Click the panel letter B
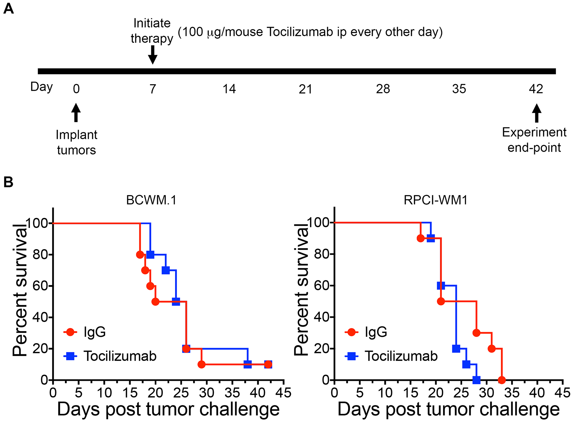pyautogui.click(x=8, y=182)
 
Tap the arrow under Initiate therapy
pyautogui.click(x=153, y=55)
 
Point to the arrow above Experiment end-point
pyautogui.click(x=537, y=113)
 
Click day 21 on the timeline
pyautogui.click(x=305, y=89)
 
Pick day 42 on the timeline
pyautogui.click(x=536, y=89)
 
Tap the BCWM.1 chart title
pyautogui.click(x=151, y=200)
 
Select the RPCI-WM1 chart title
pyautogui.click(x=436, y=200)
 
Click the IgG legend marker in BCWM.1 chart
pyautogui.click(x=70, y=332)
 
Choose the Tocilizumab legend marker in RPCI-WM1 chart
pyautogui.click(x=351, y=356)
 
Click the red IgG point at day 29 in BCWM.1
pyautogui.click(x=202, y=365)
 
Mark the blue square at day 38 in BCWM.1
pyautogui.click(x=248, y=365)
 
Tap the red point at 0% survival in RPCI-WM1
pyautogui.click(x=502, y=380)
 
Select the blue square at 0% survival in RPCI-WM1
pyautogui.click(x=476, y=380)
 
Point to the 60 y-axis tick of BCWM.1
pyautogui.click(x=40, y=286)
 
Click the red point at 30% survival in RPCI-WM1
pyautogui.click(x=476, y=333)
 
